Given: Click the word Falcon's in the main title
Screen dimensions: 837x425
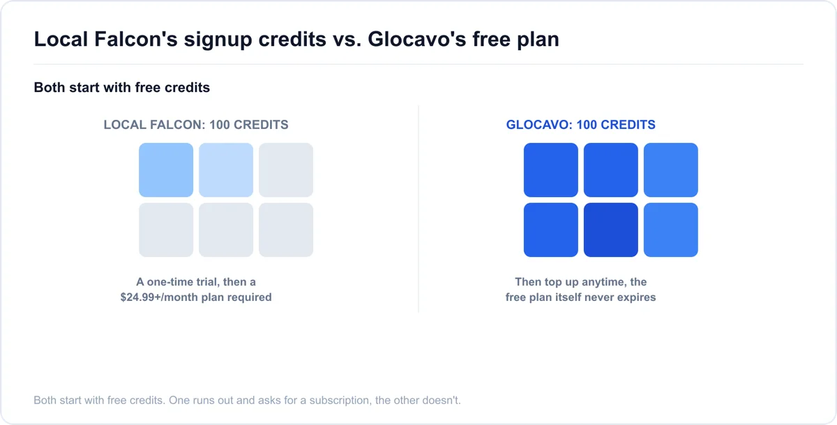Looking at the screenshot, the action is point(135,39).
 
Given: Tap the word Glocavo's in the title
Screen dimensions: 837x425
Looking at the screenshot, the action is point(416,39).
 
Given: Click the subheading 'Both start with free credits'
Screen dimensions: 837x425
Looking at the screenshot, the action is point(122,87).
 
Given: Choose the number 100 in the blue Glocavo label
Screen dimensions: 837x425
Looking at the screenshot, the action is point(587,125).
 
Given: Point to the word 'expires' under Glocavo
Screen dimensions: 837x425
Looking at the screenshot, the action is point(637,297).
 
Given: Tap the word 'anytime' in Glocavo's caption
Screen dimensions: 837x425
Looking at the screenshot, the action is point(603,282).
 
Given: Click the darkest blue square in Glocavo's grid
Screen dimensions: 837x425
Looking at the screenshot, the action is point(610,230).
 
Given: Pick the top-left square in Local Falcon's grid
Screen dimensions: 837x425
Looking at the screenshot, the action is point(166,170).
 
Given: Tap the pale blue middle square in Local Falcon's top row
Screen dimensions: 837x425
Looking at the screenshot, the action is point(226,170).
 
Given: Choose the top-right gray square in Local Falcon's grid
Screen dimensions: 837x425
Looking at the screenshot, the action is point(286,170).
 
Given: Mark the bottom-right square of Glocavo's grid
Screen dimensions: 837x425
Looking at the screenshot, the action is point(671,230).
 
